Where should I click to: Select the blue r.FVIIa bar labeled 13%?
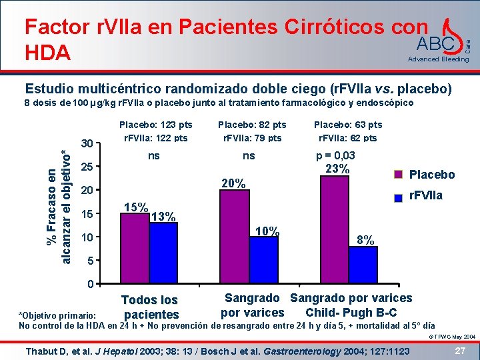(x=163, y=253)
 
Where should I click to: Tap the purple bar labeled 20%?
(x=235, y=237)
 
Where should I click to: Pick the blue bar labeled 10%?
(x=263, y=260)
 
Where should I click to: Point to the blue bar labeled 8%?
(x=363, y=265)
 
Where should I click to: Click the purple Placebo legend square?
(x=399, y=174)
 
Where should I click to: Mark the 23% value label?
(x=337, y=169)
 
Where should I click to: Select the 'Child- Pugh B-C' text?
(x=351, y=313)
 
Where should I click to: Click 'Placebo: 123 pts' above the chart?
(x=155, y=125)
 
